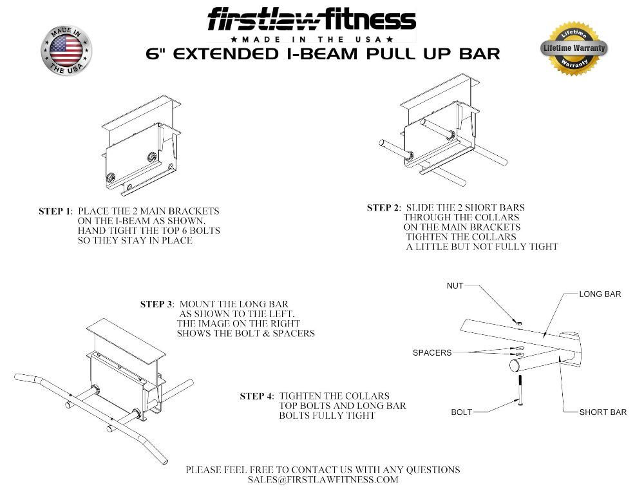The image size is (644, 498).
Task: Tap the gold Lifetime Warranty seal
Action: point(573,48)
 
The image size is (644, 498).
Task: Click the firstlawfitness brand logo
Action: point(311,20)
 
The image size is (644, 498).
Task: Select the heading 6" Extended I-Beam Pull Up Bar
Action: point(323,53)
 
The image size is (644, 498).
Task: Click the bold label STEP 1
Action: point(57,211)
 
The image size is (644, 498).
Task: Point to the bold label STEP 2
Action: point(384,207)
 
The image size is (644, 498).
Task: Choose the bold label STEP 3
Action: point(157,304)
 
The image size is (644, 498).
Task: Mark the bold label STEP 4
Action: point(256,396)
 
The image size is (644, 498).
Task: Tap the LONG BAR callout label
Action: point(600,294)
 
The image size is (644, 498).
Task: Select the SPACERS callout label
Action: point(431,352)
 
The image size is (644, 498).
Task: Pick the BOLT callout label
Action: point(462,412)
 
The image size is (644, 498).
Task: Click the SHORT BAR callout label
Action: point(602,412)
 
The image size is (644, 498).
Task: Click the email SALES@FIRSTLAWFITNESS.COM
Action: point(323,480)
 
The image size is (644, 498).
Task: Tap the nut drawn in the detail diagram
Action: point(519,321)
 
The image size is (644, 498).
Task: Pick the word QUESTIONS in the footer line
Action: point(428,470)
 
